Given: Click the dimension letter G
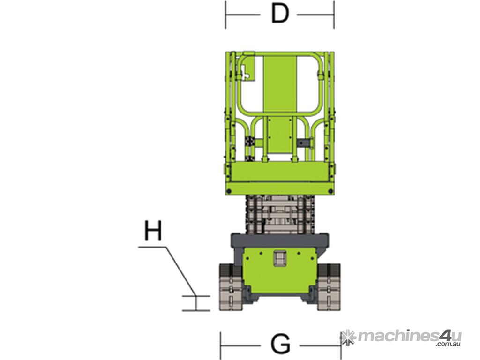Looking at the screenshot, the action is coord(280,344).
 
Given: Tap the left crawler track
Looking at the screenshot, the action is coord(231,287).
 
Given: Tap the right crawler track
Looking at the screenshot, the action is coord(329,287).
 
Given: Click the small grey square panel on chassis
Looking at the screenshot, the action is coord(280,258).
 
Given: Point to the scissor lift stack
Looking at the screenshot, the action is coord(280,214).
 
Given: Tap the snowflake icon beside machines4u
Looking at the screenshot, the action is coord(348,337).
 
